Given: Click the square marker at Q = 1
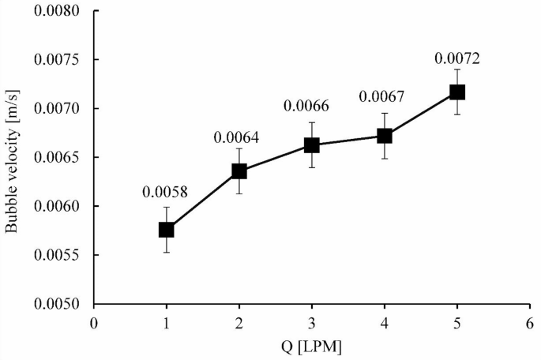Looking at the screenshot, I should pyautogui.click(x=166, y=230).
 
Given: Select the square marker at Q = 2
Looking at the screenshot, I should pyautogui.click(x=239, y=171).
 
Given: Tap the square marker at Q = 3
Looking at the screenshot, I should pyautogui.click(x=312, y=145).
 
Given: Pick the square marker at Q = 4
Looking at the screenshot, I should pyautogui.click(x=385, y=136).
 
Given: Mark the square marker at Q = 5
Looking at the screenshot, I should pyautogui.click(x=457, y=92).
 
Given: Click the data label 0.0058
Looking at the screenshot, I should pyautogui.click(x=164, y=192).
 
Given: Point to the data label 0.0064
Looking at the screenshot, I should pyautogui.click(x=237, y=137).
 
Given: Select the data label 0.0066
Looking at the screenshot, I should pyautogui.click(x=310, y=107).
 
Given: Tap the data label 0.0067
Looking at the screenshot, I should pyautogui.click(x=382, y=97).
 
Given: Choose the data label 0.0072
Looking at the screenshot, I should pyautogui.click(x=456, y=58).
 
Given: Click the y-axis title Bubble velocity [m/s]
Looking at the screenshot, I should pyautogui.click(x=13, y=158).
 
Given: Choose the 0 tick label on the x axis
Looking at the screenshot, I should pyautogui.click(x=93, y=323).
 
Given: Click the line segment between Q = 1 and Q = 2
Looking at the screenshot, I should pyautogui.click(x=202, y=201).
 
